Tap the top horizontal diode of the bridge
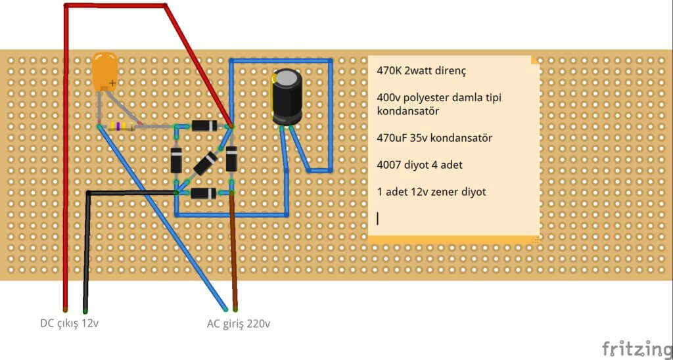coord(204,126)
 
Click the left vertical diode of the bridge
coord(176,160)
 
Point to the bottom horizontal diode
coord(204,193)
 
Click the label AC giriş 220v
coord(239,323)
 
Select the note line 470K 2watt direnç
coord(421,69)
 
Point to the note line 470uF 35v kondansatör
coord(434,139)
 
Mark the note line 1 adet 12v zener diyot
coord(432,192)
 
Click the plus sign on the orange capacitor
coord(113,83)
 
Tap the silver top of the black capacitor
coord(287,78)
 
